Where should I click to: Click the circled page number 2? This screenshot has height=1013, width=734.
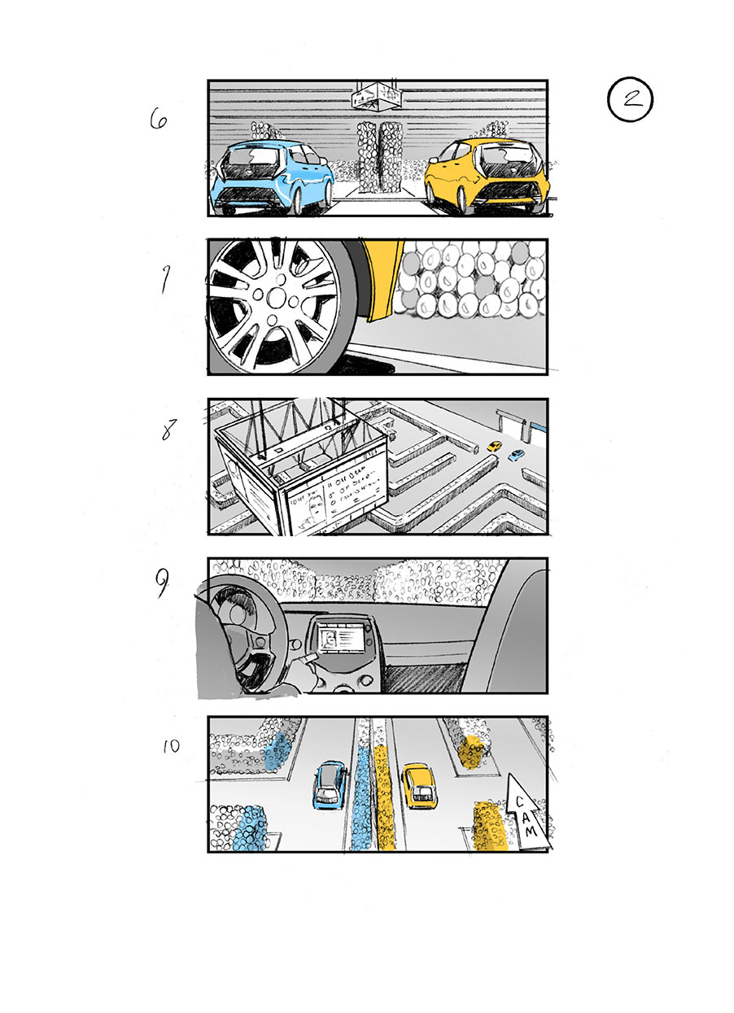pos(630,100)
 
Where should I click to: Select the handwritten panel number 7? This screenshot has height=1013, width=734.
pos(164,281)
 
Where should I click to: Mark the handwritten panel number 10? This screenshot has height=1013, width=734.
pos(171,745)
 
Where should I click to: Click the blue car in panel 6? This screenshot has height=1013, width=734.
pos(271,174)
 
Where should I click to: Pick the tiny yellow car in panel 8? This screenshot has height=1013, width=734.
pos(494,446)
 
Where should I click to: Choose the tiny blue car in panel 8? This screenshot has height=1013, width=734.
pos(515,455)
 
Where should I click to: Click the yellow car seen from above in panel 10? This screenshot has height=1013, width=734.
pos(418,785)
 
